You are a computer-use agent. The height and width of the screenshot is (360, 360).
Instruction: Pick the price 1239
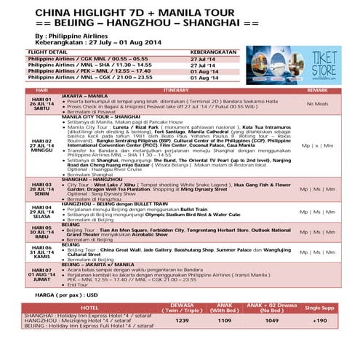tap(182, 320)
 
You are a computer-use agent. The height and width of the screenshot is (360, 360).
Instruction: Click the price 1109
tap(225, 320)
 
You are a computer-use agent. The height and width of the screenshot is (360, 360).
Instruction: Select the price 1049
tap(271, 320)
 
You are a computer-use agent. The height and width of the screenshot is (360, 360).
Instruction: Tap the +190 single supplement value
tap(319, 320)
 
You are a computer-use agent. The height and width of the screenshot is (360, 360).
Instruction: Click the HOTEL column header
tap(89, 308)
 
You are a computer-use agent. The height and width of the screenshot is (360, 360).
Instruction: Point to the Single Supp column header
tap(319, 308)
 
